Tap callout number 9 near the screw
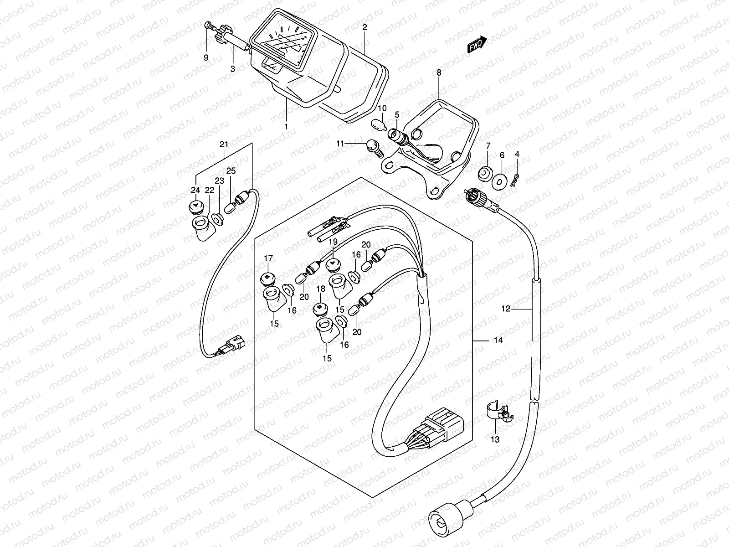click(206, 58)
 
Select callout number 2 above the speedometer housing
click(364, 27)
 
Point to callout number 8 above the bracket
click(439, 72)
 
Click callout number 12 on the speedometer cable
click(506, 309)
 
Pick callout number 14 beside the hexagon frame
click(498, 341)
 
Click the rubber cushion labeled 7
click(485, 173)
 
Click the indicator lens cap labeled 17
click(267, 278)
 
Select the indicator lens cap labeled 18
click(321, 309)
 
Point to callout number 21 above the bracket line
click(224, 145)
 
